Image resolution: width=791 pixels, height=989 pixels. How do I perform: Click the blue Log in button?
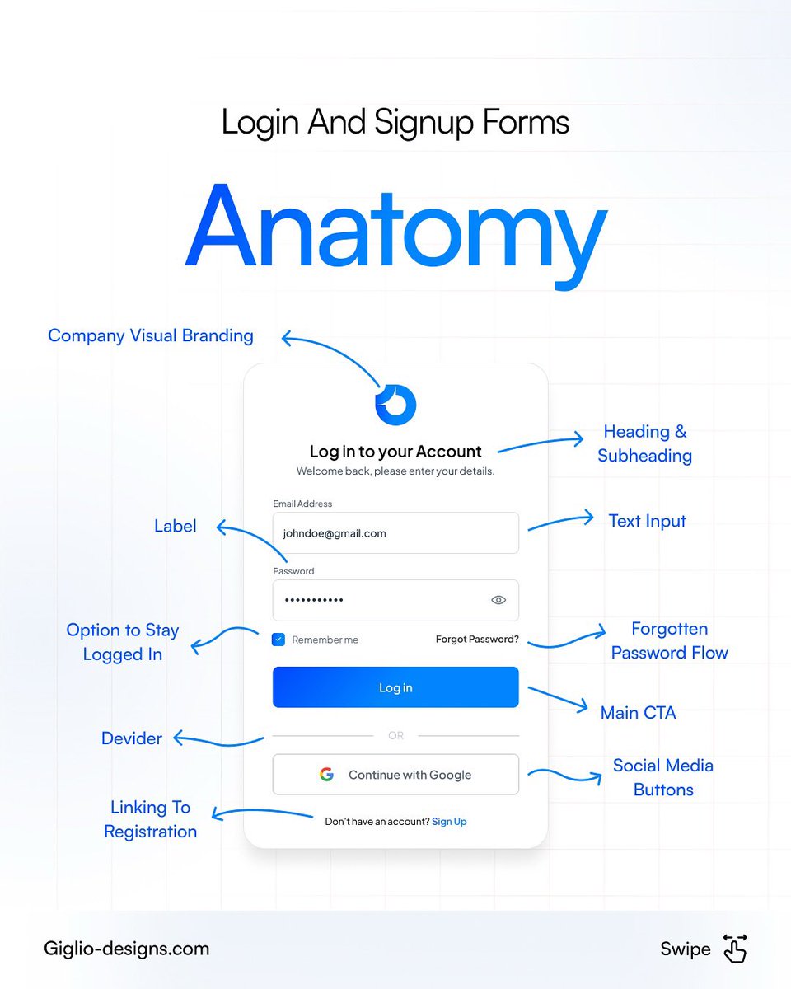tap(395, 687)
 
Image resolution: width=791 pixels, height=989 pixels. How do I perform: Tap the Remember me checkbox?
tap(278, 640)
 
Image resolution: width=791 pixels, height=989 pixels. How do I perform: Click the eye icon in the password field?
tap(498, 600)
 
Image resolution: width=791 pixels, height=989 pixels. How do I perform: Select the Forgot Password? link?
tap(477, 639)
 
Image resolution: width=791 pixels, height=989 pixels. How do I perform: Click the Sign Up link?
tap(449, 822)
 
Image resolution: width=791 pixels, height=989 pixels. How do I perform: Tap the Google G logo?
tap(327, 775)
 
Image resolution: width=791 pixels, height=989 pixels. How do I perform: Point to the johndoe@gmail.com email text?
tap(335, 533)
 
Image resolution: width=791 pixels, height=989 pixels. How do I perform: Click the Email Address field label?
tap(302, 504)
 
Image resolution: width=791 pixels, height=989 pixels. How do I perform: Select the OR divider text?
tap(395, 735)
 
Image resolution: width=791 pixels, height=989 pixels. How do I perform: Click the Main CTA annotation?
tap(638, 713)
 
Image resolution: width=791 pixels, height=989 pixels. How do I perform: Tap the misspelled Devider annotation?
tap(132, 738)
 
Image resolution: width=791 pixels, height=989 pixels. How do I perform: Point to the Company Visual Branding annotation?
tap(151, 335)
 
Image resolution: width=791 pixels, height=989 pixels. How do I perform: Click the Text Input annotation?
tap(647, 521)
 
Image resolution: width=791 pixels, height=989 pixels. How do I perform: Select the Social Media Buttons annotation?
tap(663, 777)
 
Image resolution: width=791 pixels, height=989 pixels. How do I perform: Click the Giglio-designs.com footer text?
tap(127, 949)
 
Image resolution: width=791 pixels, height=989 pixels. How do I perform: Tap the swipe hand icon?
tap(734, 949)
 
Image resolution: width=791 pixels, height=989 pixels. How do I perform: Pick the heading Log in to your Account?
tap(395, 452)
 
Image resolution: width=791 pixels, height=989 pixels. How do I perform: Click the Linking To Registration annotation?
tap(151, 819)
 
